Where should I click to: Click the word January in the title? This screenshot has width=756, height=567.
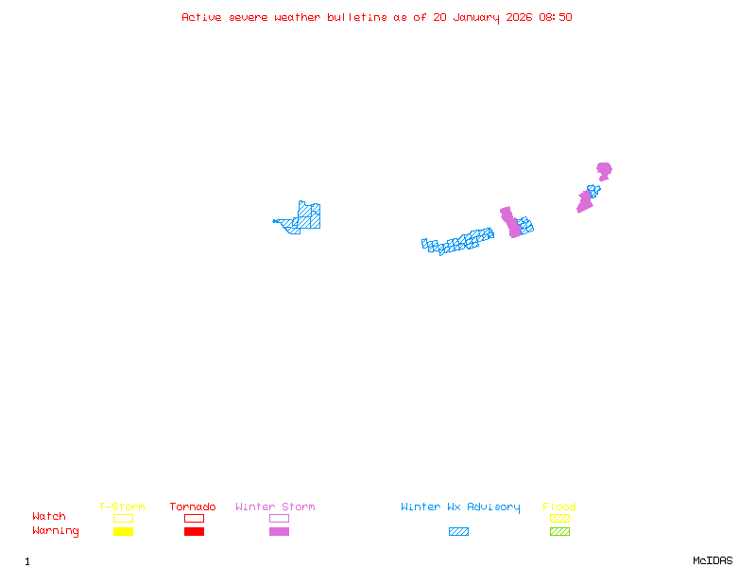(x=482, y=17)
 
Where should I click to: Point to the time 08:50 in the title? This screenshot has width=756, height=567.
(x=557, y=17)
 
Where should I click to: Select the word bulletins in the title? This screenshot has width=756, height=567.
(x=357, y=17)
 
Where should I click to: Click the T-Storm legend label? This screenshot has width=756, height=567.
(x=122, y=507)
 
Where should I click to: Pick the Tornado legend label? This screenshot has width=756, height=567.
(x=193, y=507)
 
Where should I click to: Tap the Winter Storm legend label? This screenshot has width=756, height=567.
(x=275, y=507)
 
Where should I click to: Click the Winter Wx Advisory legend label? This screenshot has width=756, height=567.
(x=460, y=507)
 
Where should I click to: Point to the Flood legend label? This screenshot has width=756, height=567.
(x=559, y=507)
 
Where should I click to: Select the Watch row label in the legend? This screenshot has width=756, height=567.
(x=49, y=517)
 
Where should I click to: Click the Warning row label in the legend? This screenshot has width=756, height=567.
(x=56, y=531)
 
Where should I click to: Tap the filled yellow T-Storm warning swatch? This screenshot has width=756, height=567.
(x=123, y=532)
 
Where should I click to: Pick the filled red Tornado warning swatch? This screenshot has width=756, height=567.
(x=194, y=532)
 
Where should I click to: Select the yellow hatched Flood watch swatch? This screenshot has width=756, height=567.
(x=559, y=518)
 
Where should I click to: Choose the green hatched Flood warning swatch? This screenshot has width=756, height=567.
(x=559, y=532)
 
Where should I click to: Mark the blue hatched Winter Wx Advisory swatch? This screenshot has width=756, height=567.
(x=458, y=532)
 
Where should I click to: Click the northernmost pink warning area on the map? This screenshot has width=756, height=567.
(x=604, y=171)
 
